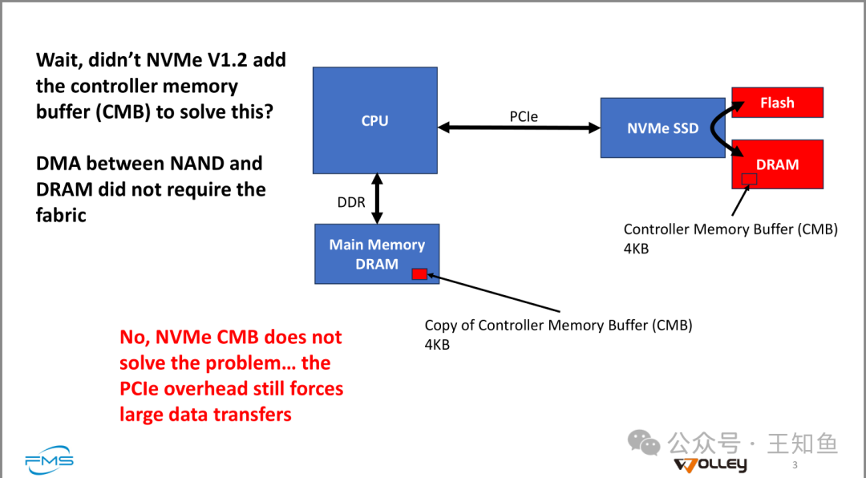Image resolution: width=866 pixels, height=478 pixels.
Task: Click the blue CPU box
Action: tap(375, 120)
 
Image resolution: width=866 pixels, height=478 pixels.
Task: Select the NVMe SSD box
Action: tap(663, 128)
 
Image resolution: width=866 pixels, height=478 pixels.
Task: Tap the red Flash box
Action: tap(778, 102)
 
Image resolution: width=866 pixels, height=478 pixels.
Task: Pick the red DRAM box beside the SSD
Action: tap(778, 164)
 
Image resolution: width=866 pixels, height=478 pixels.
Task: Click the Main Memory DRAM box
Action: tap(377, 253)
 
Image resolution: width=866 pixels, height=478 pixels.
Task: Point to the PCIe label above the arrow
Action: tap(524, 116)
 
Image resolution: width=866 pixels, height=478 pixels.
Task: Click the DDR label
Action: tap(351, 202)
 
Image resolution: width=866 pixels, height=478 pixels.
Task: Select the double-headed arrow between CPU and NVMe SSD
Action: tap(519, 128)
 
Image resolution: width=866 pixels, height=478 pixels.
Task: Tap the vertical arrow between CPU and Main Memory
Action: tap(377, 198)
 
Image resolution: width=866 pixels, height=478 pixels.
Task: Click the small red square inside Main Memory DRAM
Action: tap(419, 274)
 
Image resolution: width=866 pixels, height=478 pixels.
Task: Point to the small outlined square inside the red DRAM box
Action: tap(749, 179)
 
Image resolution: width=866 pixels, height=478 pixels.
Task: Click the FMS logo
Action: tap(49, 460)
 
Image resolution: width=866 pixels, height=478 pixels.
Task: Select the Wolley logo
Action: tap(710, 464)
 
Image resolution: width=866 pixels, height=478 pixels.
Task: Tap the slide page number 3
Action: tap(795, 464)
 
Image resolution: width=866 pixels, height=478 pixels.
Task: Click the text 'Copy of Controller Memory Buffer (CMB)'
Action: tap(558, 325)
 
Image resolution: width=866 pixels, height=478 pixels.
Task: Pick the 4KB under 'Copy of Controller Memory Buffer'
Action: tap(437, 344)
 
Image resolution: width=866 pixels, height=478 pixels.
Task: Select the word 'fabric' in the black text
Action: tap(61, 215)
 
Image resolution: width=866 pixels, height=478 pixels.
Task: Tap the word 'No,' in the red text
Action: tap(135, 337)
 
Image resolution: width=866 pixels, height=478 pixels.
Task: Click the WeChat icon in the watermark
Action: tap(643, 443)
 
